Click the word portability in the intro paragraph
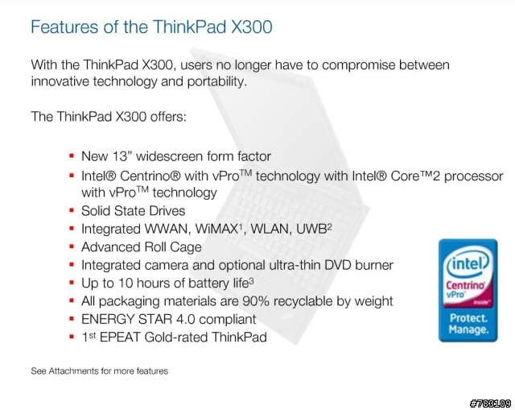pyautogui.click(x=205, y=81)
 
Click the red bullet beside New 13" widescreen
pyautogui.click(x=72, y=155)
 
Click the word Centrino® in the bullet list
pyautogui.click(x=146, y=176)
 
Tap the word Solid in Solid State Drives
pyautogui.click(x=96, y=210)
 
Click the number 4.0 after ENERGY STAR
pyautogui.click(x=183, y=319)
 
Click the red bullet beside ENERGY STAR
pyautogui.click(x=72, y=318)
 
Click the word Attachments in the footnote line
pyautogui.click(x=79, y=371)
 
